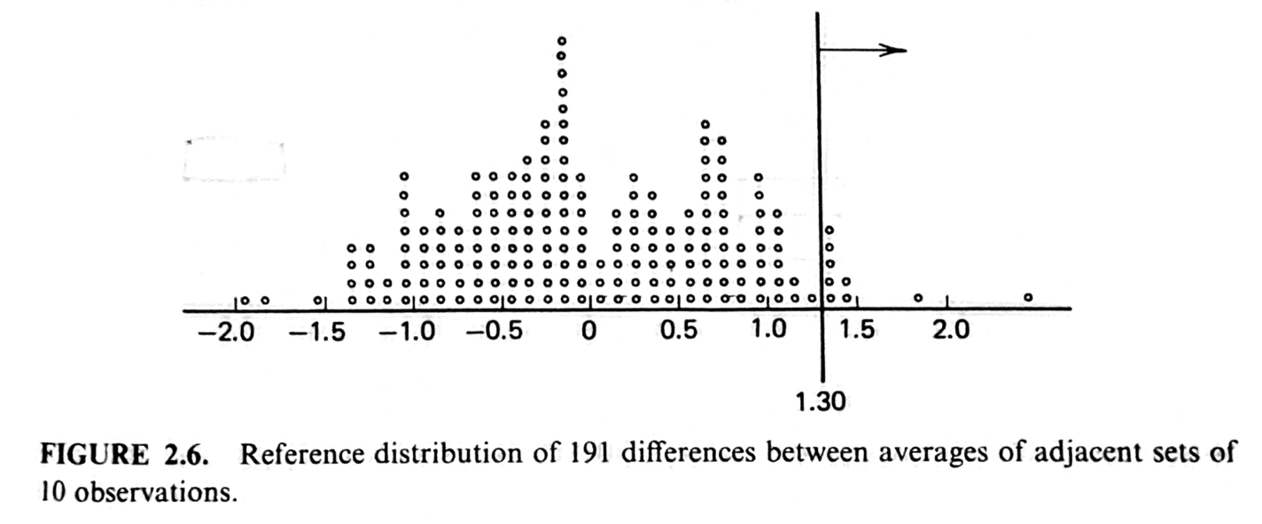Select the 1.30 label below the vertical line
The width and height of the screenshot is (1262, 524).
pos(822,403)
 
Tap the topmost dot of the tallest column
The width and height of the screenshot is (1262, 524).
pos(561,41)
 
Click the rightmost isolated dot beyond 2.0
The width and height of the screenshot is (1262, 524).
pos(1028,297)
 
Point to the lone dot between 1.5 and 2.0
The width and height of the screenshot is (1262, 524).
pos(918,297)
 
